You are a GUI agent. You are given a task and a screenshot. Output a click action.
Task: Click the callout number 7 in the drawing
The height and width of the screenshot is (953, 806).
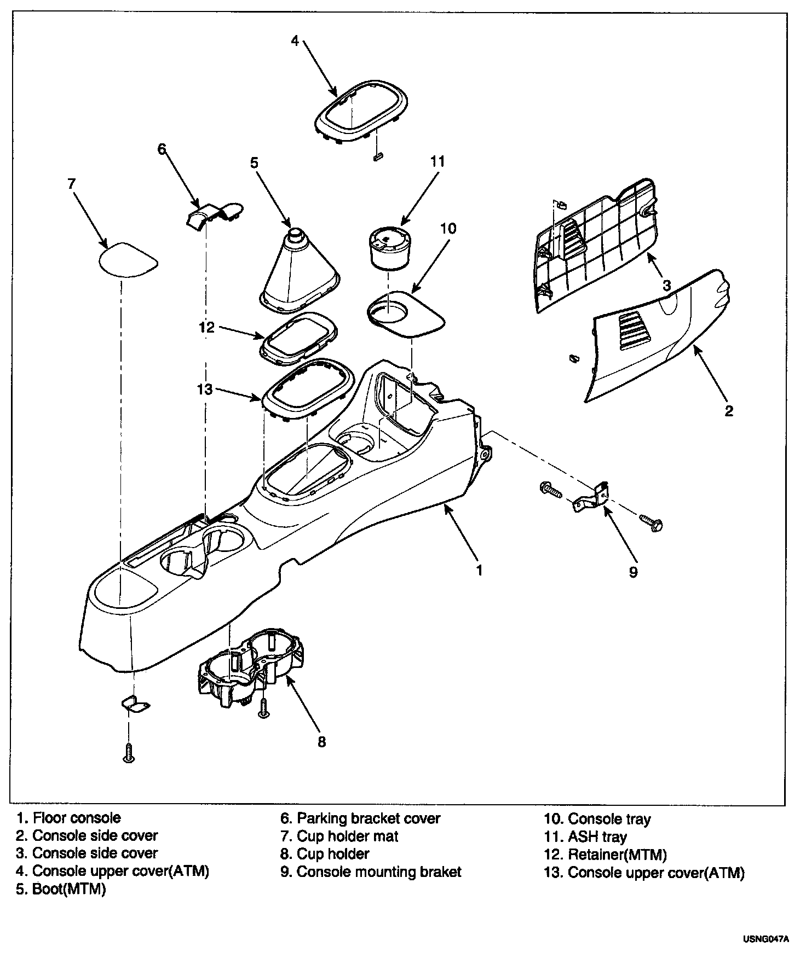tap(71, 184)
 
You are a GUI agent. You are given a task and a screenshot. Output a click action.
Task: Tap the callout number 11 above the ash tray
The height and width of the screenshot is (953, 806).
tap(437, 162)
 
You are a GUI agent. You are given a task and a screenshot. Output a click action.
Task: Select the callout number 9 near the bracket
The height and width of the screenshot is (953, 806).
tap(633, 572)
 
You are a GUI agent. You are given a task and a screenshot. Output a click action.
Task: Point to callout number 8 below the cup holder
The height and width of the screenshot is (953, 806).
tap(321, 742)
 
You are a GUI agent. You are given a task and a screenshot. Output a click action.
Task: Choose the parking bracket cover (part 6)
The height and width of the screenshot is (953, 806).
tap(214, 213)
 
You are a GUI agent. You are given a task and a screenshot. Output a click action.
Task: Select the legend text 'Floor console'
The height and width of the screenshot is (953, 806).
tap(77, 818)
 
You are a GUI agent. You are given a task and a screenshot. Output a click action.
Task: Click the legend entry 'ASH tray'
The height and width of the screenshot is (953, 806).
tap(597, 837)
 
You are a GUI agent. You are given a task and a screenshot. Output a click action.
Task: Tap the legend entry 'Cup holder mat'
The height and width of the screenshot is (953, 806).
tap(347, 836)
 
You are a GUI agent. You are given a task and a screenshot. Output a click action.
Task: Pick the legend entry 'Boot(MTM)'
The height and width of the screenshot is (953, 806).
tap(68, 890)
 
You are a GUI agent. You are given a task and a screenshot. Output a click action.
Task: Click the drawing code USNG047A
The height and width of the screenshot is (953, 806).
tap(766, 939)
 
